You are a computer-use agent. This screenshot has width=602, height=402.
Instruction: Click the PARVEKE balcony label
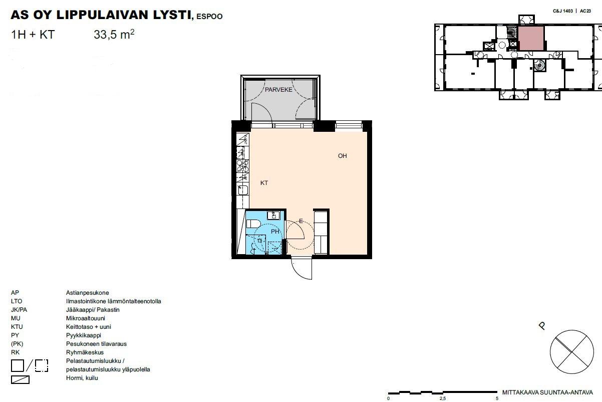tap(278, 90)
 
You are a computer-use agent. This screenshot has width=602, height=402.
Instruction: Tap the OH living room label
tap(343, 156)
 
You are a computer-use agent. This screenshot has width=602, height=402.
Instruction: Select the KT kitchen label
tap(264, 183)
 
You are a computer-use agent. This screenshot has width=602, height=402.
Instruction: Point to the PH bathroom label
tap(275, 231)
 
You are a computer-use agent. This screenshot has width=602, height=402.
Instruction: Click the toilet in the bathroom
tap(253, 224)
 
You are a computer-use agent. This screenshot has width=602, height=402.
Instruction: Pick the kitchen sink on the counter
tap(243, 189)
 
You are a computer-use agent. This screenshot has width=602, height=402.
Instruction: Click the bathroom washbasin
tap(273, 216)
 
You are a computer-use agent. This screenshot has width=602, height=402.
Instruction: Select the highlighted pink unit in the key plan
tap(531, 38)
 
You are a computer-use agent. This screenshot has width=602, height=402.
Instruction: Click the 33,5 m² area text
tap(114, 35)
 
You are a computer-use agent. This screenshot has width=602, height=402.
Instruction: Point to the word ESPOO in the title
tap(209, 17)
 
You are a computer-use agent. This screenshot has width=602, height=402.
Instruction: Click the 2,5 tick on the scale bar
tap(443, 398)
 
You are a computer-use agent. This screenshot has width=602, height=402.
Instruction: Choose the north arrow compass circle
tap(571, 352)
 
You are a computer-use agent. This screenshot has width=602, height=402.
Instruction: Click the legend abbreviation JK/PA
tap(19, 310)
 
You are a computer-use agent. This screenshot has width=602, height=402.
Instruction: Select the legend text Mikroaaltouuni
tap(86, 318)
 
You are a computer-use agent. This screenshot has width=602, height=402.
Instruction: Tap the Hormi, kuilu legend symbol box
tap(20, 379)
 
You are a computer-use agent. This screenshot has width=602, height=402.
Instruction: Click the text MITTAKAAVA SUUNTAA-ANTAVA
tap(547, 392)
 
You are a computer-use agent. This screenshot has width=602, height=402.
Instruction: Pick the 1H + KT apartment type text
tap(33, 35)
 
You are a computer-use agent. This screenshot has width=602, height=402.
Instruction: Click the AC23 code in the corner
tap(585, 11)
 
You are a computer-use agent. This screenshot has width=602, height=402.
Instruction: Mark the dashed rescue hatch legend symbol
tap(42, 366)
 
